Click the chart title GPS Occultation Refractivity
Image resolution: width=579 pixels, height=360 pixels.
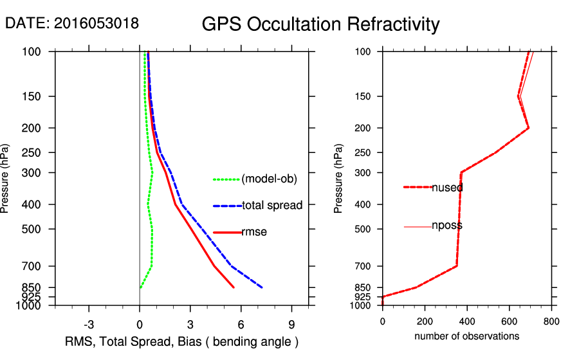(320, 24)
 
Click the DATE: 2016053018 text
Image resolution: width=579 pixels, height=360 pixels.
(71, 23)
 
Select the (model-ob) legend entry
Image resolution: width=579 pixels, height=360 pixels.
(269, 179)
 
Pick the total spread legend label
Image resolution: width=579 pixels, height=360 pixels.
(272, 206)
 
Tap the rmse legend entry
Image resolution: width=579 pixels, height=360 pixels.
(254, 232)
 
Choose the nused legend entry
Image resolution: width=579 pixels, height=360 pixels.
(447, 188)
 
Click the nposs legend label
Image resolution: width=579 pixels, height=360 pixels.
(447, 226)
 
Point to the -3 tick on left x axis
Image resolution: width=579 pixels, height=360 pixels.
(89, 324)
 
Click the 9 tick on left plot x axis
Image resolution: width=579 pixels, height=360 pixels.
(291, 324)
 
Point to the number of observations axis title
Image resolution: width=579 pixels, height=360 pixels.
(466, 336)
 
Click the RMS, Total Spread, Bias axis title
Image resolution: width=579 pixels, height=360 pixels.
(182, 341)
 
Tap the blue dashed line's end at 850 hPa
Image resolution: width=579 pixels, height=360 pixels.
(262, 287)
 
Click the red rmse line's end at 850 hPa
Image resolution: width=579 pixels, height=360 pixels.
(234, 287)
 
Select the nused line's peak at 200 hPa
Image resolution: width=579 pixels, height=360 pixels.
(528, 128)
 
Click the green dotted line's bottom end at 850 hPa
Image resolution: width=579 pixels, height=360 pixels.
(140, 287)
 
